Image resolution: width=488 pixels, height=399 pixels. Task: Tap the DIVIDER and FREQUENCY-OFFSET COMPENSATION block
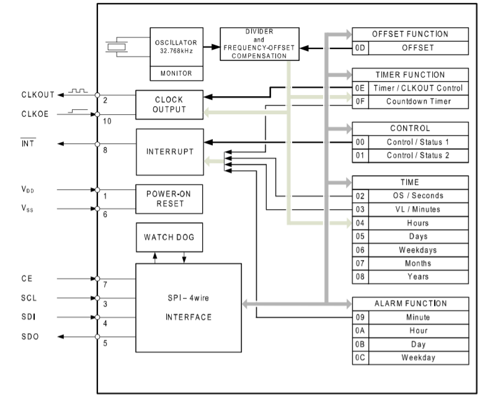pyautogui.click(x=259, y=43)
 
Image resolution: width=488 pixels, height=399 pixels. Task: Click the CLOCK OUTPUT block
pyautogui.click(x=169, y=105)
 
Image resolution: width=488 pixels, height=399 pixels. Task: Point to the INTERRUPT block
pyautogui.click(x=169, y=152)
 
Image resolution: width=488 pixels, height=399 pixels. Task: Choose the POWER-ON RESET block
pyautogui.click(x=169, y=198)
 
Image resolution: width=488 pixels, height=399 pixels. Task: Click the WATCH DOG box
pyautogui.click(x=169, y=237)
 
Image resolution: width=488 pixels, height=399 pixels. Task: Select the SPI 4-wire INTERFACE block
pyautogui.click(x=189, y=308)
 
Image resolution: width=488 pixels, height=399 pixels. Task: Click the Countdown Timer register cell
pyautogui.click(x=418, y=102)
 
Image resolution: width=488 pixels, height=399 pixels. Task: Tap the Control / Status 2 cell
pyautogui.click(x=418, y=155)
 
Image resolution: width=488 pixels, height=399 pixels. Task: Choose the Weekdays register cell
pyautogui.click(x=418, y=250)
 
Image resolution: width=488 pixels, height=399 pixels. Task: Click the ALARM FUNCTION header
pyautogui.click(x=410, y=303)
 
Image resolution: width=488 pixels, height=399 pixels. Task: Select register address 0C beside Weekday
pyautogui.click(x=360, y=357)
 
